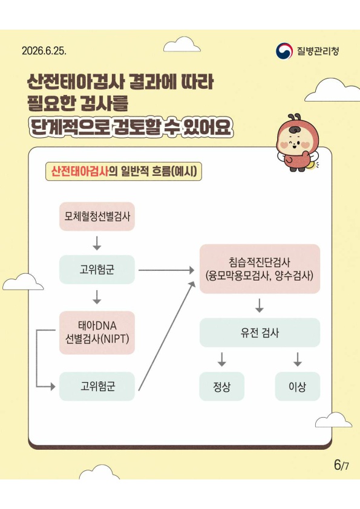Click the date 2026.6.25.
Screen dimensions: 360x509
tap(44, 51)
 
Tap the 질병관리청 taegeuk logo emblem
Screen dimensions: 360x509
tap(284, 51)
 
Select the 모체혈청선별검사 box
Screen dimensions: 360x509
tap(97, 216)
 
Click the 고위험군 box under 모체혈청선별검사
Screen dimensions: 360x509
tap(97, 270)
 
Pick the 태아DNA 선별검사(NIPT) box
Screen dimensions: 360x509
tap(97, 332)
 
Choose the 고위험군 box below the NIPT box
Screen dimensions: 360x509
tap(97, 386)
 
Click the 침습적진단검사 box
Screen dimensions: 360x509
tap(260, 269)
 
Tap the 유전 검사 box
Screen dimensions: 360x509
tap(260, 332)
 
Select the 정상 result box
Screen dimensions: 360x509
tap(221, 386)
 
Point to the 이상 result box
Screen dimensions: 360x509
tap(297, 386)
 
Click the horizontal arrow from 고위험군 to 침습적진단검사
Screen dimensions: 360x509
tap(166, 270)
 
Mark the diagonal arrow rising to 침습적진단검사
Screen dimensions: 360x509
tap(166, 336)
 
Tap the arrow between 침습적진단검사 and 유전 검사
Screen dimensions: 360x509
tap(260, 305)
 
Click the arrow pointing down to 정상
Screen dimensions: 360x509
tap(221, 359)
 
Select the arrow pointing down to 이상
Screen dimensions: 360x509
tap(297, 359)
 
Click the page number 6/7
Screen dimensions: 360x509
tap(341, 465)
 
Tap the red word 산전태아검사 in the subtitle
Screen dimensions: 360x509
tap(80, 171)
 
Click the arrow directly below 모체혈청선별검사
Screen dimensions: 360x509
tap(97, 243)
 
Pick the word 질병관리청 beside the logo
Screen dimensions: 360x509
tap(318, 51)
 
